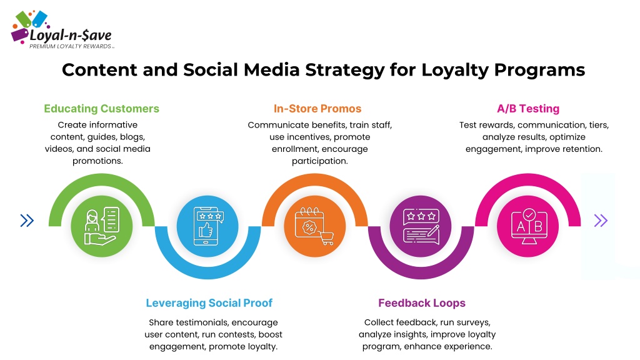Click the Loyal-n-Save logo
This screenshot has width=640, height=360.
62,30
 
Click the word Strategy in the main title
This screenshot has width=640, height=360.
345,70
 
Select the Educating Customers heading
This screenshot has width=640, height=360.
102,109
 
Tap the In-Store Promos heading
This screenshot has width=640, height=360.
317,109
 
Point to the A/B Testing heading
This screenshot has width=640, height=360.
528,109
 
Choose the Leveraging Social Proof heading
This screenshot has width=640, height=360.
209,303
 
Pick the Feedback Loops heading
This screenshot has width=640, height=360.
422,303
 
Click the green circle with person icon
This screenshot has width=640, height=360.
102,226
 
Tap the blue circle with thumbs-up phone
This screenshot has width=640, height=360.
207,226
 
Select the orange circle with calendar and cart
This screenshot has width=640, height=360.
315,226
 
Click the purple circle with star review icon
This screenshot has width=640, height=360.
421,226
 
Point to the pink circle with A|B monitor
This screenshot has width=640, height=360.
527,226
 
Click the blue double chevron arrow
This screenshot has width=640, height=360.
27,221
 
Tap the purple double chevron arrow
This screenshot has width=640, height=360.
601,221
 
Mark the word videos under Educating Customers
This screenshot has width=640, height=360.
59,149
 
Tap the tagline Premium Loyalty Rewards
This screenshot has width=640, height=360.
70,46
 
